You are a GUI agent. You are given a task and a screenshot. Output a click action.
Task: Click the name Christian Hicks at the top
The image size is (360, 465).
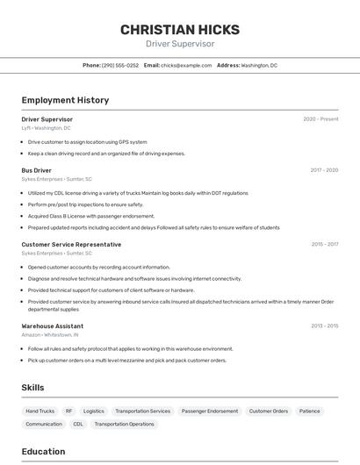pyautogui.click(x=179, y=29)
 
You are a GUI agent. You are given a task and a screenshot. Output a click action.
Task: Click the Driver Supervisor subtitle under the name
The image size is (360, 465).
pyautogui.click(x=179, y=44)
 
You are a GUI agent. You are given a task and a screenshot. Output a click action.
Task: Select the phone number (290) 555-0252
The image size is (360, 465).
pyautogui.click(x=120, y=66)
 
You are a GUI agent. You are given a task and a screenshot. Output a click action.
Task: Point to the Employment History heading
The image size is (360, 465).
pyautogui.click(x=65, y=100)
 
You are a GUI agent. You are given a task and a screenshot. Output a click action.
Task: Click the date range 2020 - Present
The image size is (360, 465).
pyautogui.click(x=320, y=119)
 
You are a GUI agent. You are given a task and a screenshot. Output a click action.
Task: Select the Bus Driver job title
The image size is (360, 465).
pyautogui.click(x=37, y=170)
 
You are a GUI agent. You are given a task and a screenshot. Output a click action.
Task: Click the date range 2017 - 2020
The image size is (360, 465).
pyautogui.click(x=324, y=170)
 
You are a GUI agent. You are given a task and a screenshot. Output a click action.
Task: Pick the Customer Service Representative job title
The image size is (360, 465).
pyautogui.click(x=71, y=245)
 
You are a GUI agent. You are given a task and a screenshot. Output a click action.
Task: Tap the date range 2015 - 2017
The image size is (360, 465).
pyautogui.click(x=324, y=245)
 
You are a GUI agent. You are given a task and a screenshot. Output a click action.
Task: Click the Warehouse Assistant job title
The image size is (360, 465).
pyautogui.click(x=52, y=325)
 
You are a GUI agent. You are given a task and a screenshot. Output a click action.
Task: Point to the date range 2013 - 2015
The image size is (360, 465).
pyautogui.click(x=324, y=325)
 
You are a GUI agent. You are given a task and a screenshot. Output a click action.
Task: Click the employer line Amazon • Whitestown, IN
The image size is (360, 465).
pyautogui.click(x=50, y=334)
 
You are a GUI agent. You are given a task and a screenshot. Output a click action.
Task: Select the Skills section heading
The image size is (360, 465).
pyautogui.click(x=32, y=387)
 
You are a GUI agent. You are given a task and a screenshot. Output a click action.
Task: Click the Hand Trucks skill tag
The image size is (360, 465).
pyautogui.click(x=40, y=411)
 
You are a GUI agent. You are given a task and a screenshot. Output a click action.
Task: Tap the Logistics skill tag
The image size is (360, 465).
pyautogui.click(x=93, y=411)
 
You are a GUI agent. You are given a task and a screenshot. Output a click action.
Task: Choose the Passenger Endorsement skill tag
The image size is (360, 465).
pyautogui.click(x=209, y=411)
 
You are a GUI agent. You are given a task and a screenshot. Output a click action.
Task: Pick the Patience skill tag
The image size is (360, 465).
pyautogui.click(x=309, y=411)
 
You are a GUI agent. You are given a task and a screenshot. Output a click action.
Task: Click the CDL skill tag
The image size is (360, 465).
pyautogui.click(x=78, y=424)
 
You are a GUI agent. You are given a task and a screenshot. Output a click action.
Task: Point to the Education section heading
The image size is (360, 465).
pyautogui.click(x=43, y=452)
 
